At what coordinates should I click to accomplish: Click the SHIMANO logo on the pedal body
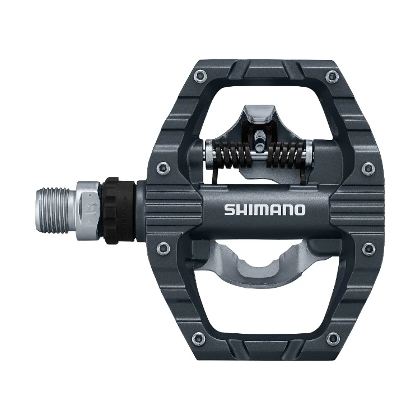click(265, 211)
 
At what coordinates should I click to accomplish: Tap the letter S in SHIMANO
click(229, 211)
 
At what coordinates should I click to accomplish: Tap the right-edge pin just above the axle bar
click(367, 166)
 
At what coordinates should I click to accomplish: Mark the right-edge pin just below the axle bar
click(367, 246)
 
